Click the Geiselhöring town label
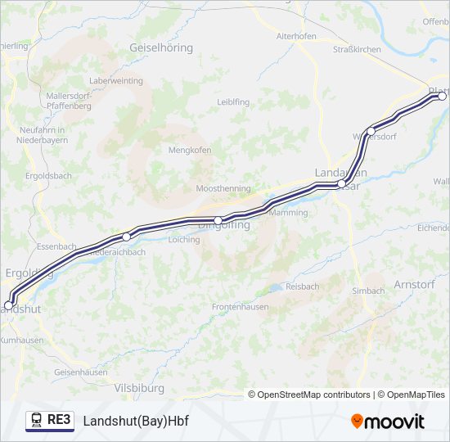click(161, 47)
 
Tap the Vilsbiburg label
click(138, 387)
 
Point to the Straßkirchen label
click(357, 49)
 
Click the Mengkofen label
click(190, 150)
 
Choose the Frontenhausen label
click(241, 306)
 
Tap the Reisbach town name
click(303, 286)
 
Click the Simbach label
click(368, 291)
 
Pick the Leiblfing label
click(233, 101)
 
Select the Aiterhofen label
click(296, 37)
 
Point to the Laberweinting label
click(115, 81)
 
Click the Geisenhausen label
click(80, 372)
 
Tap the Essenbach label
click(56, 246)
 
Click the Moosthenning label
click(223, 188)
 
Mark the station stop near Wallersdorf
click(371, 131)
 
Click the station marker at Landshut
click(8, 305)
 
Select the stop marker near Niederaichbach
click(126, 237)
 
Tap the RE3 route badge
click(49, 420)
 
